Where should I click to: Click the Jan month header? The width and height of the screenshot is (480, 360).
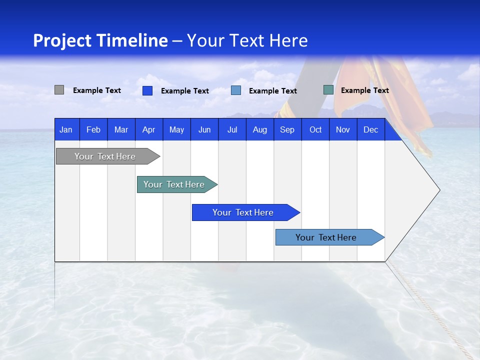[x=66, y=129]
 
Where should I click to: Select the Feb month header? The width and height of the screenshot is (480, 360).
[x=93, y=129]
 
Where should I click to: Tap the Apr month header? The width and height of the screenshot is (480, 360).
[x=148, y=129]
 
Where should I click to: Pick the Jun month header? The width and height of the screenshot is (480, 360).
[x=204, y=129]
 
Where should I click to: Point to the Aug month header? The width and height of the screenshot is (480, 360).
[x=260, y=129]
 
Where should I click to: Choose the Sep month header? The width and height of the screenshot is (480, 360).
[x=287, y=129]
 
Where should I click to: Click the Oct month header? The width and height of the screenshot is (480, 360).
[x=315, y=129]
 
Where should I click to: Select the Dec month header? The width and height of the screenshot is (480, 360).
[x=371, y=129]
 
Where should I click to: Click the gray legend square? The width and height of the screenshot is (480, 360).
[x=59, y=90]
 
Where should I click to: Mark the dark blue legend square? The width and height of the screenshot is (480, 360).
[x=147, y=90]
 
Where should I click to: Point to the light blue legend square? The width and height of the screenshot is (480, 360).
[x=236, y=90]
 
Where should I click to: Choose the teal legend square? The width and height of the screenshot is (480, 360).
[x=328, y=90]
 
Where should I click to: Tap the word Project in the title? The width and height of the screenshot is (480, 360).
[x=62, y=40]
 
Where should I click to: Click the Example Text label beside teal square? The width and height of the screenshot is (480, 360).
[x=364, y=90]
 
